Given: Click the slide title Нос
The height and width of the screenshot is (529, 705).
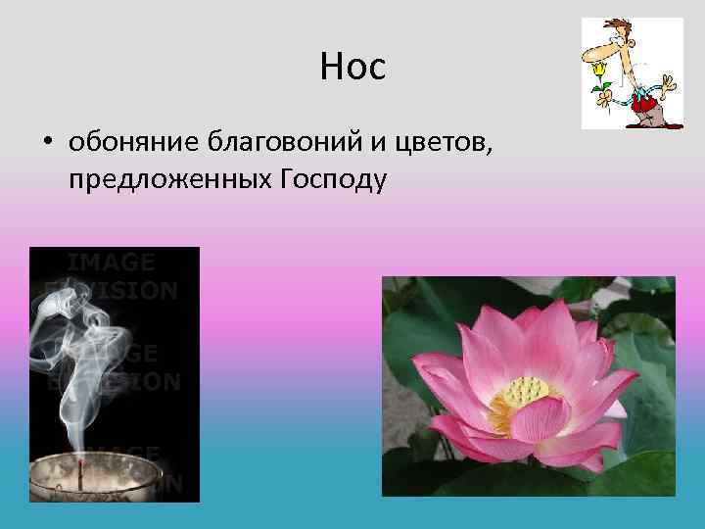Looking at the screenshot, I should pyautogui.click(x=352, y=67).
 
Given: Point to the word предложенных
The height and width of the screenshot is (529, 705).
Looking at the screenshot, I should pyautogui.click(x=165, y=179).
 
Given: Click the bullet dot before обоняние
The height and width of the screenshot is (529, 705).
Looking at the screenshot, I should pyautogui.click(x=47, y=145).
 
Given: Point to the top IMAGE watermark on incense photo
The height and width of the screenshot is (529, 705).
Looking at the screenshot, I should pyautogui.click(x=110, y=262).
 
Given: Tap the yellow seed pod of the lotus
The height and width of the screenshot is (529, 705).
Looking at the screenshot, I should pyautogui.click(x=527, y=393).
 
